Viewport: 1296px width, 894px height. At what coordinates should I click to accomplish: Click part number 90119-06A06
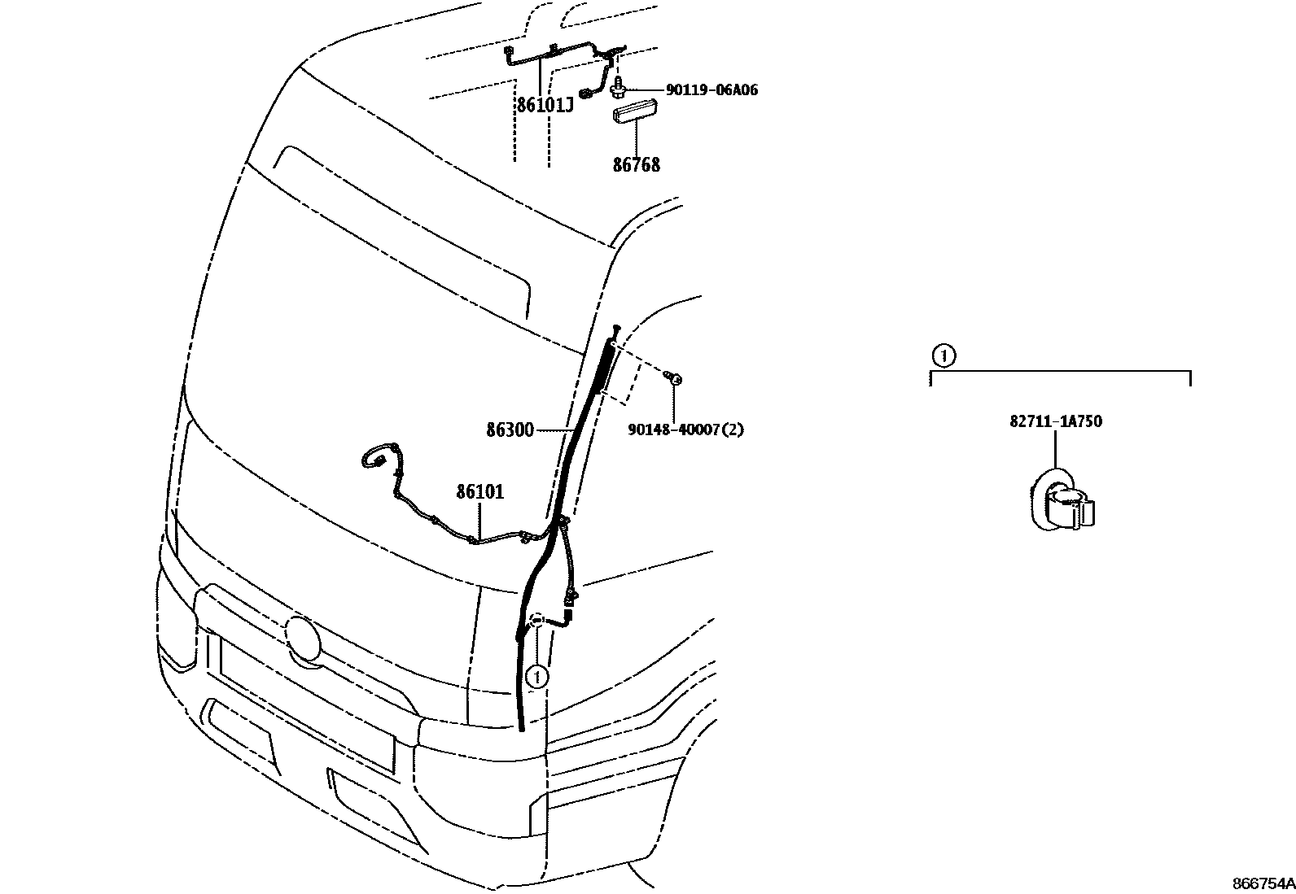coord(711,90)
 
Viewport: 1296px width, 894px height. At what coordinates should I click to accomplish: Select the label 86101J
coord(545,105)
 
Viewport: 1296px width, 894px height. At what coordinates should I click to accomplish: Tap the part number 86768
coord(637,165)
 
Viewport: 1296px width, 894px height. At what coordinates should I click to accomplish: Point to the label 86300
coord(510,430)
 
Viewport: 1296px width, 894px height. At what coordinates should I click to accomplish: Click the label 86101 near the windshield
coord(479,491)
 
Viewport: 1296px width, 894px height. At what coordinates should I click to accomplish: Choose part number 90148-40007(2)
coord(685,429)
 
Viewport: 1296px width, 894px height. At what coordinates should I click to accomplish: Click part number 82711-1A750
coord(1056,421)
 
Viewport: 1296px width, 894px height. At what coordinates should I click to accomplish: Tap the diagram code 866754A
coord(1263,883)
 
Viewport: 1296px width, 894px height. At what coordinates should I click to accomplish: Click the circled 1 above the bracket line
coord(942,355)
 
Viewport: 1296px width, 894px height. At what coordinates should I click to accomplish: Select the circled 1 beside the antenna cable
coord(536,675)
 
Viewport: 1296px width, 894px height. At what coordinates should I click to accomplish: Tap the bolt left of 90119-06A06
coord(618,84)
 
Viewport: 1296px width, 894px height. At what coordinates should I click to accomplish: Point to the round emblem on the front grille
coord(303,636)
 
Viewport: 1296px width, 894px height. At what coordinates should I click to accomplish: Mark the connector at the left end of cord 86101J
coord(509,54)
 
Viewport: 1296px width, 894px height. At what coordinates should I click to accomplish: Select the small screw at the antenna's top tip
coord(617,328)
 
